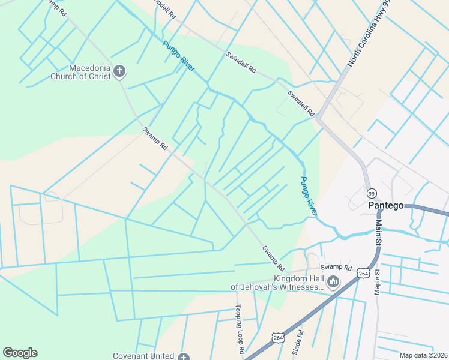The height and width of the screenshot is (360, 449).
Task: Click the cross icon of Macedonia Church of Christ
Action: (119, 72)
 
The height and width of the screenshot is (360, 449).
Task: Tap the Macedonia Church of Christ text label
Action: (81, 72)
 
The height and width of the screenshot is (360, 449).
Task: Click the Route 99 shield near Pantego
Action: (372, 193)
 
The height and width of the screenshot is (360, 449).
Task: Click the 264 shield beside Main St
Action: (363, 273)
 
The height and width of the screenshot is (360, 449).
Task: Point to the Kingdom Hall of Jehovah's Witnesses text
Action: (277, 283)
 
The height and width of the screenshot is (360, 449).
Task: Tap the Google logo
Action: (20, 353)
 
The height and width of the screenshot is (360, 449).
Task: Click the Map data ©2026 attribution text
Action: (423, 355)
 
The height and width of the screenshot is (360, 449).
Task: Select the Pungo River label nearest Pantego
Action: (309, 196)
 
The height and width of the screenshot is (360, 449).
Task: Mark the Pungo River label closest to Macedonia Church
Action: (178, 56)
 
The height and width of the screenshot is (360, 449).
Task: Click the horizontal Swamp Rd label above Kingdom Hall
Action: (335, 267)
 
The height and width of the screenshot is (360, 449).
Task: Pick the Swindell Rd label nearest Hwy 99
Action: (301, 103)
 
